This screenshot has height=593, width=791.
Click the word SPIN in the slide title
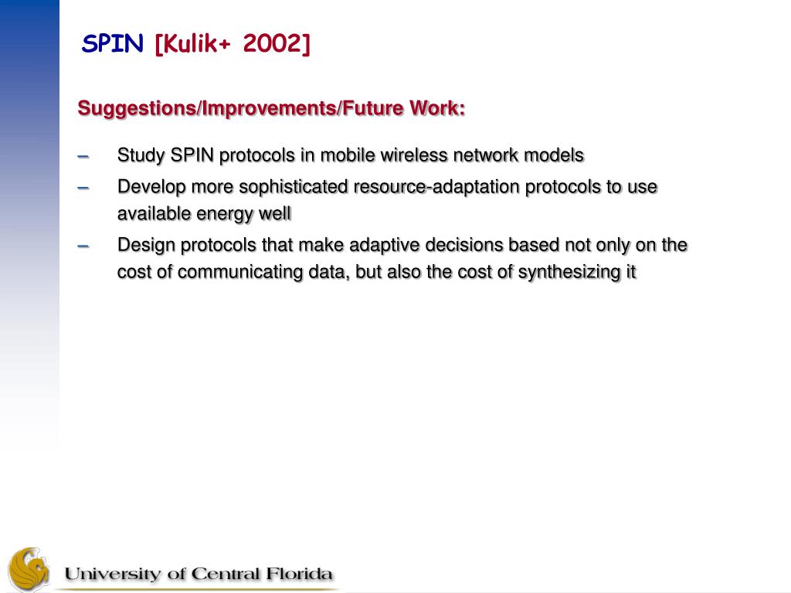[x=112, y=43]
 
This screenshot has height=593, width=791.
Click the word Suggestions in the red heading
[x=136, y=109]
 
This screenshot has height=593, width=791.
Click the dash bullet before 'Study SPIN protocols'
[x=83, y=156]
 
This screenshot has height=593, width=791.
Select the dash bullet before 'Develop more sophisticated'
[x=83, y=188]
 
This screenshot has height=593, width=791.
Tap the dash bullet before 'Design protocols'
[x=83, y=246]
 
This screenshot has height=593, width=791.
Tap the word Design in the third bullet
[x=146, y=246]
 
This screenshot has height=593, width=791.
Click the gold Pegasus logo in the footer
[x=29, y=570]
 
